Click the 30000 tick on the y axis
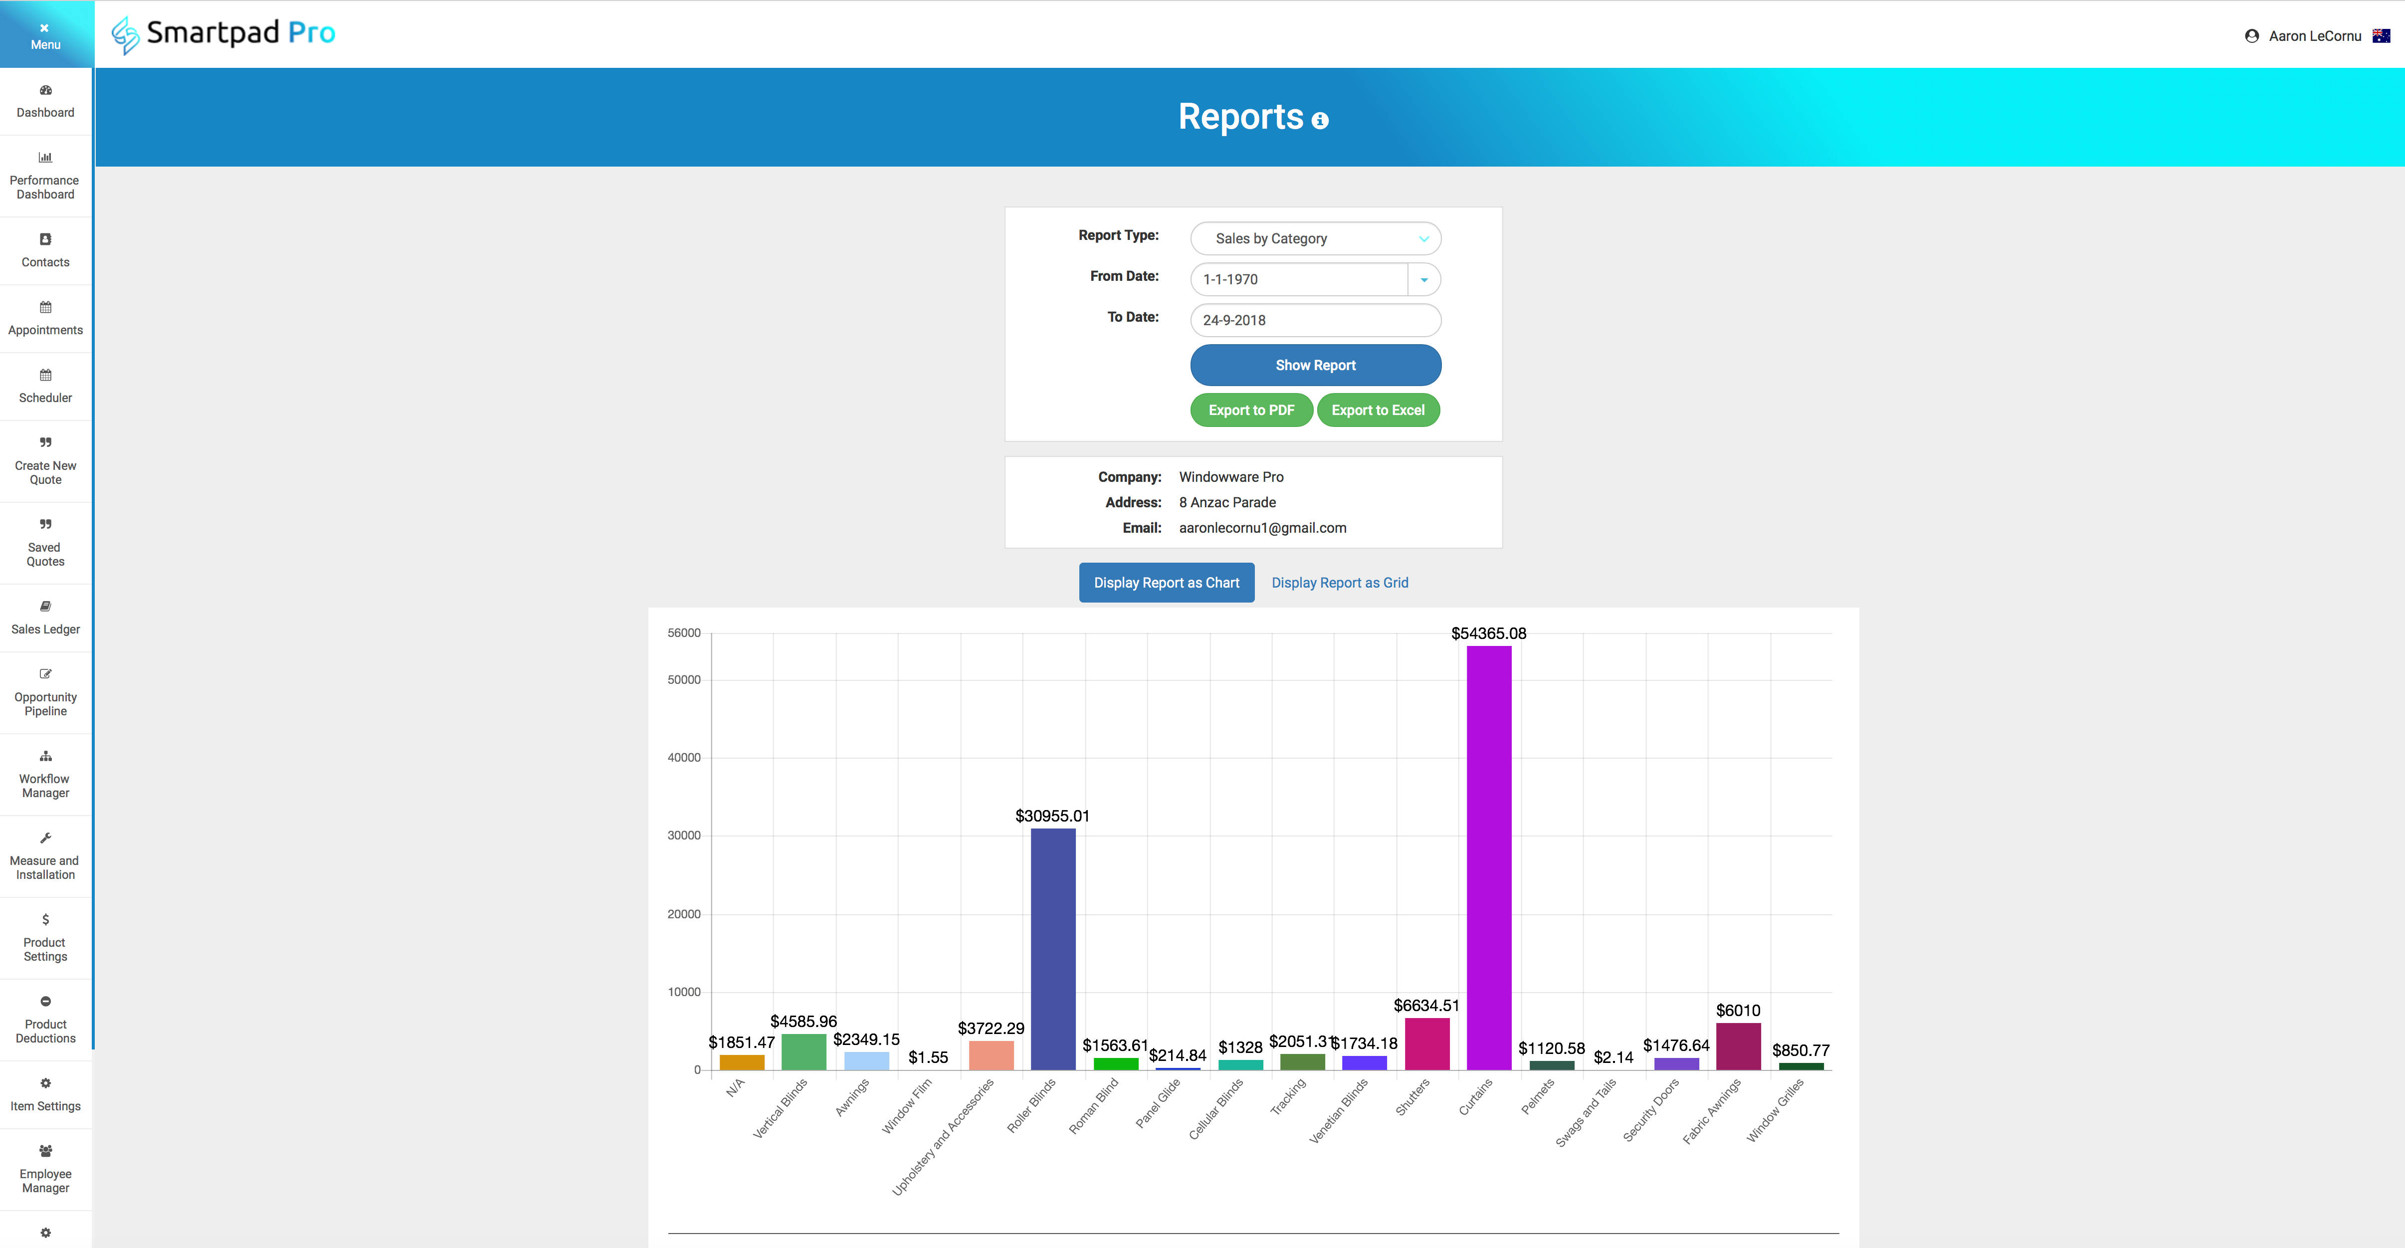click(x=683, y=835)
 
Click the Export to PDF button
click(x=1251, y=410)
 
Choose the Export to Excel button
click(x=1378, y=410)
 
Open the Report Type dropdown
click(x=1315, y=238)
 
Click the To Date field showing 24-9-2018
click(x=1315, y=320)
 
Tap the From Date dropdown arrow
click(x=1424, y=279)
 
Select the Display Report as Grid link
click(x=1340, y=583)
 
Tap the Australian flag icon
click(x=2381, y=35)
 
